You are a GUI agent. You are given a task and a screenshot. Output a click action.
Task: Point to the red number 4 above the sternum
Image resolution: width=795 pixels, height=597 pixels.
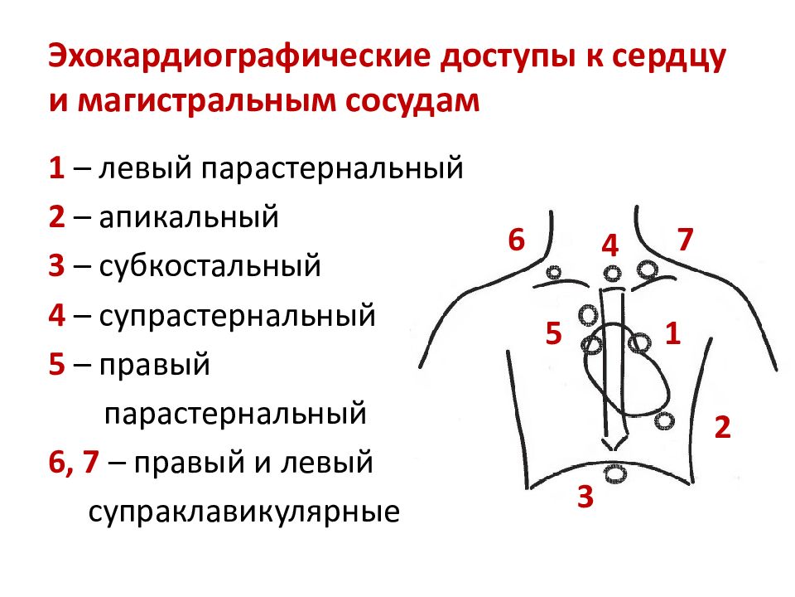[610, 245]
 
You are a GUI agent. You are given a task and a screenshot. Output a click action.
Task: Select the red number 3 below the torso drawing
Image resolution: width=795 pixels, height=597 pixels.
[585, 497]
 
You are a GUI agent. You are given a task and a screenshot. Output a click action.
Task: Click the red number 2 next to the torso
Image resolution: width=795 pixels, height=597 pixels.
[722, 427]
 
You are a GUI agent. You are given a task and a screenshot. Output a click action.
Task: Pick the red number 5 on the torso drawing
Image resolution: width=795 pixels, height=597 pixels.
[554, 333]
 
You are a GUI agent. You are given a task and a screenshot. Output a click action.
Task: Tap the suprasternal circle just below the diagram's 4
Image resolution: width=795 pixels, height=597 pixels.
[612, 274]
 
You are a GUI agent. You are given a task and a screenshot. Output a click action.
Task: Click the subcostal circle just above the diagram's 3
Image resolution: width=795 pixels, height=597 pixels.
[615, 473]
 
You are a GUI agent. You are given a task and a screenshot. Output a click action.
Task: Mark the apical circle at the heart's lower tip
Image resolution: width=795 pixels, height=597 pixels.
[664, 421]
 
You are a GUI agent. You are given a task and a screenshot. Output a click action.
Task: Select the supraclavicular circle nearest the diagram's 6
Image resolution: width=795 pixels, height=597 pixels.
[555, 273]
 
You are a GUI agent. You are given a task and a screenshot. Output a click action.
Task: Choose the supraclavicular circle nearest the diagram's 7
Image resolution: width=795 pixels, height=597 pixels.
[648, 269]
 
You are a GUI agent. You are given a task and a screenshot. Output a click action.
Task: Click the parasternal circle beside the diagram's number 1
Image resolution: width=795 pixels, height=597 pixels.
[640, 343]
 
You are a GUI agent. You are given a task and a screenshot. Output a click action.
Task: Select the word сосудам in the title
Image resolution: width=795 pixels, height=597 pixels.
[412, 101]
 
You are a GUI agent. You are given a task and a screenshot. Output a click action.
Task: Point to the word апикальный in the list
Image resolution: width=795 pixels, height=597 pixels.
[189, 216]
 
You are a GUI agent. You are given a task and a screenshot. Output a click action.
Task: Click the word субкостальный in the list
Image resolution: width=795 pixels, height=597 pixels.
[210, 265]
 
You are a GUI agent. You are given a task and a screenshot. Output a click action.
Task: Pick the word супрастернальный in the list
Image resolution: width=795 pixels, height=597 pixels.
[238, 316]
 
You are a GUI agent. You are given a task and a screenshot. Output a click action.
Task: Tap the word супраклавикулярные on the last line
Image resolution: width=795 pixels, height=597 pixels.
[243, 512]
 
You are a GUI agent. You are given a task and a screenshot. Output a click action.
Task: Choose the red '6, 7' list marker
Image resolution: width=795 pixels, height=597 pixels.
[74, 463]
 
